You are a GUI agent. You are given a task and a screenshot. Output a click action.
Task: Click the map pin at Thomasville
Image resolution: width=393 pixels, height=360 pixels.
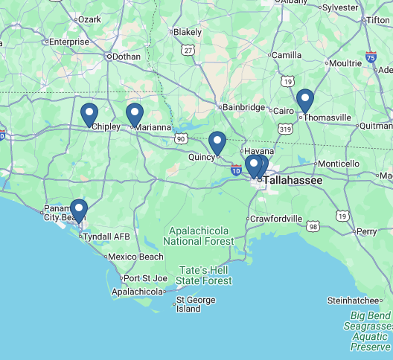[x=304, y=100]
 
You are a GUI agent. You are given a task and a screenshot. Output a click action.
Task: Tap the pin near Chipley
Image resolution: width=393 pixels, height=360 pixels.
[x=89, y=114]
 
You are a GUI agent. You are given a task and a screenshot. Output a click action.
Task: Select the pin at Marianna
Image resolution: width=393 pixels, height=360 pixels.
[x=135, y=114]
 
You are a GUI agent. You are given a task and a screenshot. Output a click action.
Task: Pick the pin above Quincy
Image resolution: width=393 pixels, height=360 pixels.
[x=217, y=141]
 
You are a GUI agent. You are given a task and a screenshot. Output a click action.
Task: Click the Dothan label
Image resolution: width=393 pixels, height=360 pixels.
[x=126, y=56]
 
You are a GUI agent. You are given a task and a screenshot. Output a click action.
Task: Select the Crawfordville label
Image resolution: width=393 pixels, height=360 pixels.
[x=277, y=219]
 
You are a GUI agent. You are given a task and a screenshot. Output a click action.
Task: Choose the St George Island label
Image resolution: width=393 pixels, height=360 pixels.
[x=196, y=304]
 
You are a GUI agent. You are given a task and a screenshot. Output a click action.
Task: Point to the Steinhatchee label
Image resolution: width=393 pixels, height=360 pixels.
[x=354, y=300]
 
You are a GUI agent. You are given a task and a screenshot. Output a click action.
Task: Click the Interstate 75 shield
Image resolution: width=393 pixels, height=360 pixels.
[x=371, y=57]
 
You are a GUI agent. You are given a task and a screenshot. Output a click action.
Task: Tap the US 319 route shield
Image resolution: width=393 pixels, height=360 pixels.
[x=285, y=129]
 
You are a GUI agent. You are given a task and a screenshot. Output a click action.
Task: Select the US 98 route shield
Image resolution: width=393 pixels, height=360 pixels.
[x=314, y=226]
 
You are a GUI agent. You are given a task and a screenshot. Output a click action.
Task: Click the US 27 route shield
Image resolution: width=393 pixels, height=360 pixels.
[x=188, y=51]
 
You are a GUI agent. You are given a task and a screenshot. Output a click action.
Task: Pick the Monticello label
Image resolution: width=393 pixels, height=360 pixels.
[x=339, y=164]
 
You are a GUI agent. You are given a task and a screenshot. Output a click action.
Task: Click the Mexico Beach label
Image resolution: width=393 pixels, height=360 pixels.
[x=136, y=257]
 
